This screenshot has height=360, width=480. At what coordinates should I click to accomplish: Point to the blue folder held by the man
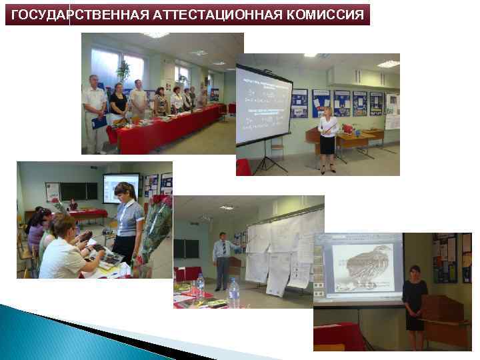(x=99, y=122)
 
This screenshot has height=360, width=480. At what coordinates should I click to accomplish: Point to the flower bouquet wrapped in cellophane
(x=156, y=230)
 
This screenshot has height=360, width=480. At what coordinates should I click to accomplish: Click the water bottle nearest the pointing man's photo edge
(x=234, y=293)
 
